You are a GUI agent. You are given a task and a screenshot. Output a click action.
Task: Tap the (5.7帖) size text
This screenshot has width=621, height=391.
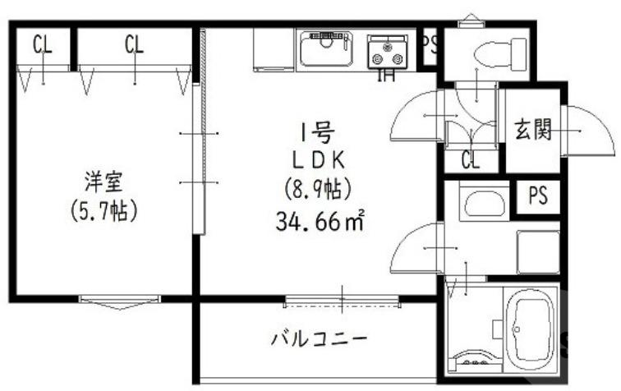(103, 210)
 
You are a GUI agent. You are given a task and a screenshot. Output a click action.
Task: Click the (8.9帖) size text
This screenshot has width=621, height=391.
(318, 190)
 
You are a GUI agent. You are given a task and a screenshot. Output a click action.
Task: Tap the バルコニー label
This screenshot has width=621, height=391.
(319, 338)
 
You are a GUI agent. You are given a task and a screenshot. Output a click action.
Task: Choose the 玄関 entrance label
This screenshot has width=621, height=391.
(532, 131)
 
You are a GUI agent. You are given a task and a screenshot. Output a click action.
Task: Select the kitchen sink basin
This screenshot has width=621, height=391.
(325, 50)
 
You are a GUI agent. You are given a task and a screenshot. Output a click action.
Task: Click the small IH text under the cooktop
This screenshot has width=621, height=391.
(384, 78)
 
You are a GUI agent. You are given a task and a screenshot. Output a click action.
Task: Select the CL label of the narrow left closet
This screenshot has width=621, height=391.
(42, 45)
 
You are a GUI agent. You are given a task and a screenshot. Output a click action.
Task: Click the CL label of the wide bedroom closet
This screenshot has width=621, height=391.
(135, 45)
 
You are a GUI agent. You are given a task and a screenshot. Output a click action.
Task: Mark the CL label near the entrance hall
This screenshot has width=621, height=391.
(470, 160)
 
